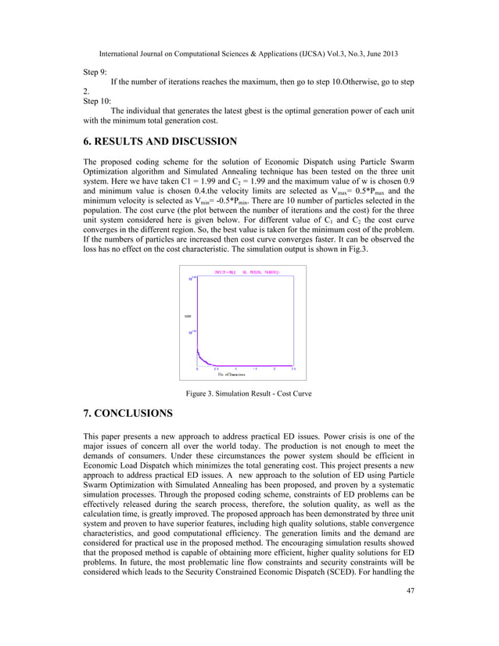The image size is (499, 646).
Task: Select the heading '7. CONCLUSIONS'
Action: click(x=128, y=412)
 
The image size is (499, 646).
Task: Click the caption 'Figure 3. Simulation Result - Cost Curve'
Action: click(x=248, y=393)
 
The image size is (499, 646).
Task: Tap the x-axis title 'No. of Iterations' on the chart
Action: click(x=232, y=375)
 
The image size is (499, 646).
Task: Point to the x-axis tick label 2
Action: click(x=275, y=368)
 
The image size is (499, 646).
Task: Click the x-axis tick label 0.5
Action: click(x=216, y=368)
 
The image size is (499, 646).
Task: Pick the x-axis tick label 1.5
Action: click(x=255, y=368)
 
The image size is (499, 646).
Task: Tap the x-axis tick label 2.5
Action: click(x=293, y=368)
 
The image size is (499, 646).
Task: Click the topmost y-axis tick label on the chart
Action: click(x=191, y=278)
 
